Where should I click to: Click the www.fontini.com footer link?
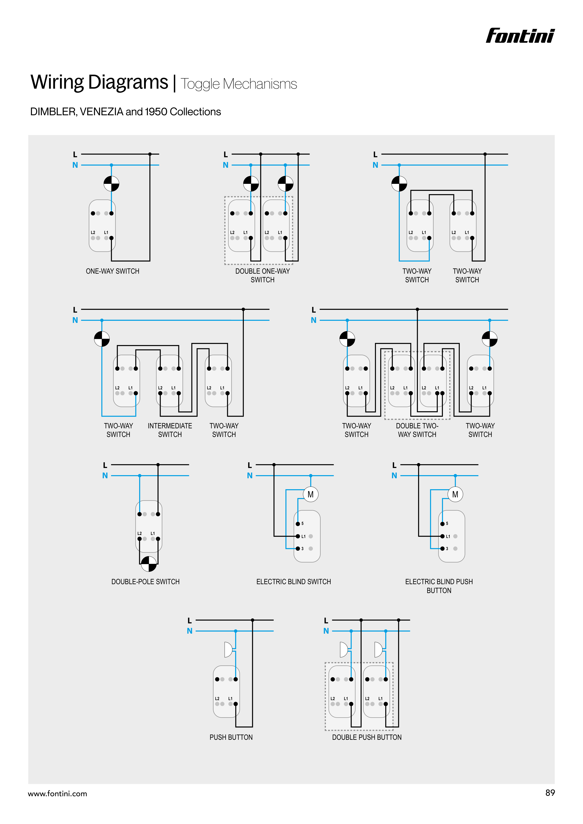[57, 794]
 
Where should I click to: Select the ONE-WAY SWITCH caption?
[113, 271]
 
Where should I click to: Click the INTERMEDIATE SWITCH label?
[170, 430]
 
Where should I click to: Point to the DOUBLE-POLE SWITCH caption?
[145, 582]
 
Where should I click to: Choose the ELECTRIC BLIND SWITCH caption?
[293, 582]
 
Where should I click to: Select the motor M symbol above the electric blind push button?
[455, 495]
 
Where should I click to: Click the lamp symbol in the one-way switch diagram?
[111, 184]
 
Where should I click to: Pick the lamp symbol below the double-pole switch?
[149, 564]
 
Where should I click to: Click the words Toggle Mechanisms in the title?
[239, 84]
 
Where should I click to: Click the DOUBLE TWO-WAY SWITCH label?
[417, 430]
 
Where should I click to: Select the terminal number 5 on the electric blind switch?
[302, 524]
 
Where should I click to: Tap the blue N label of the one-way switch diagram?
[75, 165]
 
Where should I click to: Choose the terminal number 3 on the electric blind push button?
[447, 549]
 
